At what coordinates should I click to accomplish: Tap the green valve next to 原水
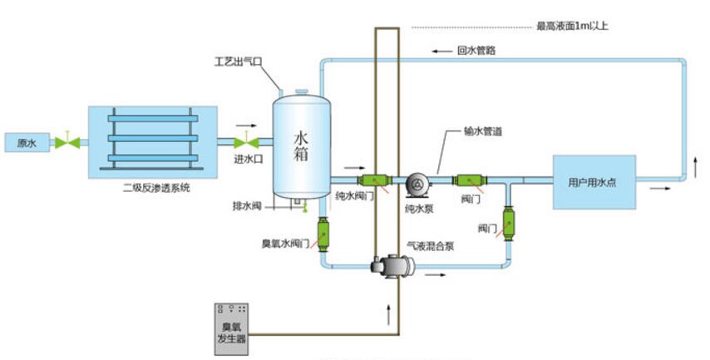tap(65, 142)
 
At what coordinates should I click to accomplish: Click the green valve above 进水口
tap(244, 142)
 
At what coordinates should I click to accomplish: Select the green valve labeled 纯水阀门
tap(373, 180)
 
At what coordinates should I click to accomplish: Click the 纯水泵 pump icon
tap(417, 182)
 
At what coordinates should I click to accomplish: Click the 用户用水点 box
tap(594, 181)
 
